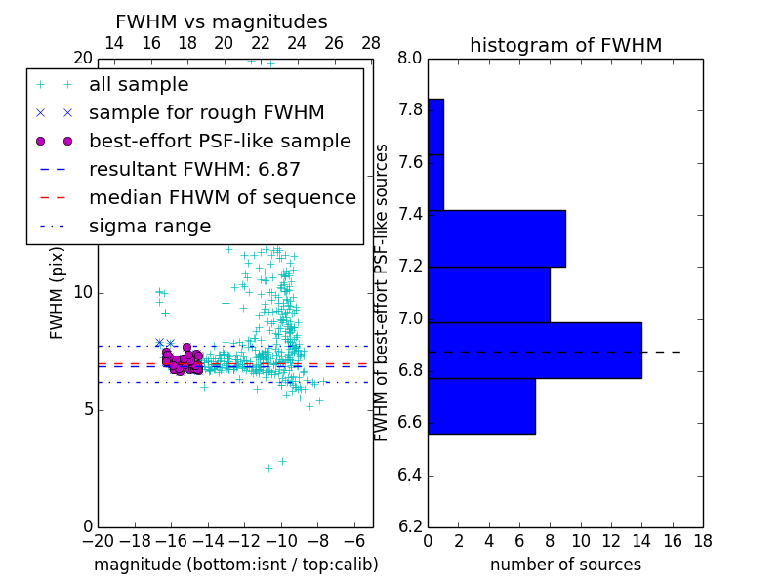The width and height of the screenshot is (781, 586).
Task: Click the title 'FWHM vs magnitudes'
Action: pyautogui.click(x=222, y=21)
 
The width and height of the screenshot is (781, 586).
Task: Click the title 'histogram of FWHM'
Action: pyautogui.click(x=565, y=45)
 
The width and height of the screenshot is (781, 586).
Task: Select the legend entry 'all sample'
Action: pyautogui.click(x=139, y=85)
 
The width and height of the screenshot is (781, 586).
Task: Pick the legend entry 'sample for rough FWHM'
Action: pyautogui.click(x=206, y=112)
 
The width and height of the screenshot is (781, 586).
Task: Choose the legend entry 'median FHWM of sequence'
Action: pyautogui.click(x=222, y=197)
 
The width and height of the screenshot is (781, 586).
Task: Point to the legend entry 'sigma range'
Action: pyautogui.click(x=149, y=226)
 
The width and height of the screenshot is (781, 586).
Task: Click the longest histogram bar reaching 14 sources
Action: pyautogui.click(x=534, y=350)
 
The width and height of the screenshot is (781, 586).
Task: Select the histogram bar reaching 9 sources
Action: pyautogui.click(x=496, y=238)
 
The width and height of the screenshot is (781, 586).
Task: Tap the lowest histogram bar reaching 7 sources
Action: pyautogui.click(x=481, y=405)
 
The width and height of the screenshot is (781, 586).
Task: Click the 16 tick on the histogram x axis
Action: pyautogui.click(x=672, y=540)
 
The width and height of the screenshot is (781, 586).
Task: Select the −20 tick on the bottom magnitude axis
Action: pyautogui.click(x=97, y=540)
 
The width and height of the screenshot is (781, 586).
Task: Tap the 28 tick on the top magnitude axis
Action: pyautogui.click(x=371, y=43)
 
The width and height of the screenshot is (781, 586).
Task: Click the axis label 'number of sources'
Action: pyautogui.click(x=565, y=565)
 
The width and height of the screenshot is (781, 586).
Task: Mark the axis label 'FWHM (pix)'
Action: pyautogui.click(x=58, y=293)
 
